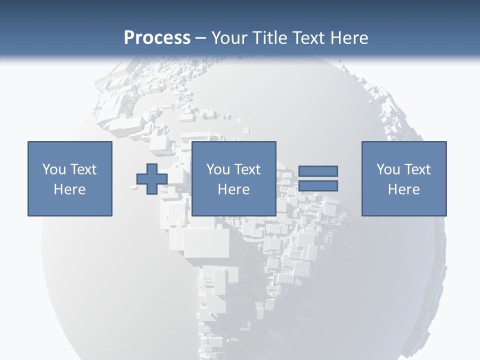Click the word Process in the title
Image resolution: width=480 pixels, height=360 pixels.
157,38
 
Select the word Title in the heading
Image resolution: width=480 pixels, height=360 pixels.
270,38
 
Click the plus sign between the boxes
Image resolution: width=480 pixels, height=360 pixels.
152,179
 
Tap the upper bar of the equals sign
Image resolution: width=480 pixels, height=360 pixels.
318,171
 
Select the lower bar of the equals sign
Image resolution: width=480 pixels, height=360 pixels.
318,185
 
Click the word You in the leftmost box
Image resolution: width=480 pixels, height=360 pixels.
53,169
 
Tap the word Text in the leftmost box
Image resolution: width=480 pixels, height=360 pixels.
83,169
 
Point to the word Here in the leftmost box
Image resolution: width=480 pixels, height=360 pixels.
70,189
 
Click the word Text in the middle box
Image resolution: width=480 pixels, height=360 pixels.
247,169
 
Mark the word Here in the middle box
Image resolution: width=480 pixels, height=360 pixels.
234,189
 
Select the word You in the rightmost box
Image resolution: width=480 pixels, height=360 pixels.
387,169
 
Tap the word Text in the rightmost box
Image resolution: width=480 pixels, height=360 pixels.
417,169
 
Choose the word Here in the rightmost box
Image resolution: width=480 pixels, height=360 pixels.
404,189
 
